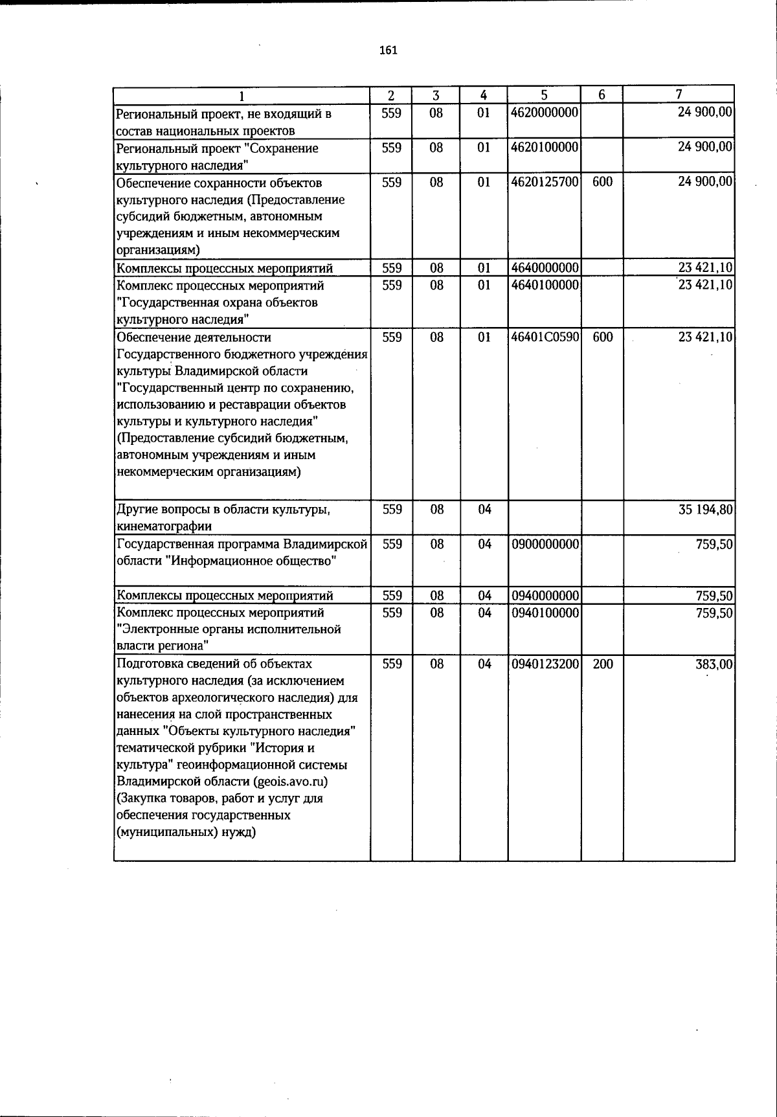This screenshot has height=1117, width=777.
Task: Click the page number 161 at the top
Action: (388, 51)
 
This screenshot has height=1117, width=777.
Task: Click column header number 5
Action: (545, 95)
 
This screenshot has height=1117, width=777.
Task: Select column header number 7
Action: (679, 95)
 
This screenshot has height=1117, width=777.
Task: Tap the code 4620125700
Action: (545, 183)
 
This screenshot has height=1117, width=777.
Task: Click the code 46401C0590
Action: (545, 337)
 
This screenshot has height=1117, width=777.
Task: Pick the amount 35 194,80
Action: (705, 510)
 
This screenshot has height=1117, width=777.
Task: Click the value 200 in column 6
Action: (602, 664)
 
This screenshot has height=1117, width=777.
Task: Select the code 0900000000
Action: (545, 545)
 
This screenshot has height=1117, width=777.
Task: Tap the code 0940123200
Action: (545, 664)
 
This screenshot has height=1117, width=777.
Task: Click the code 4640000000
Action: (545, 267)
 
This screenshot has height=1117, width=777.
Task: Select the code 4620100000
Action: (545, 148)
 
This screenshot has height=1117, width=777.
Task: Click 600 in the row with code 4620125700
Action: (602, 183)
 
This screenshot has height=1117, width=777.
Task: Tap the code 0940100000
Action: (545, 613)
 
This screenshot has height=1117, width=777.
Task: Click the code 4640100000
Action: (545, 285)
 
